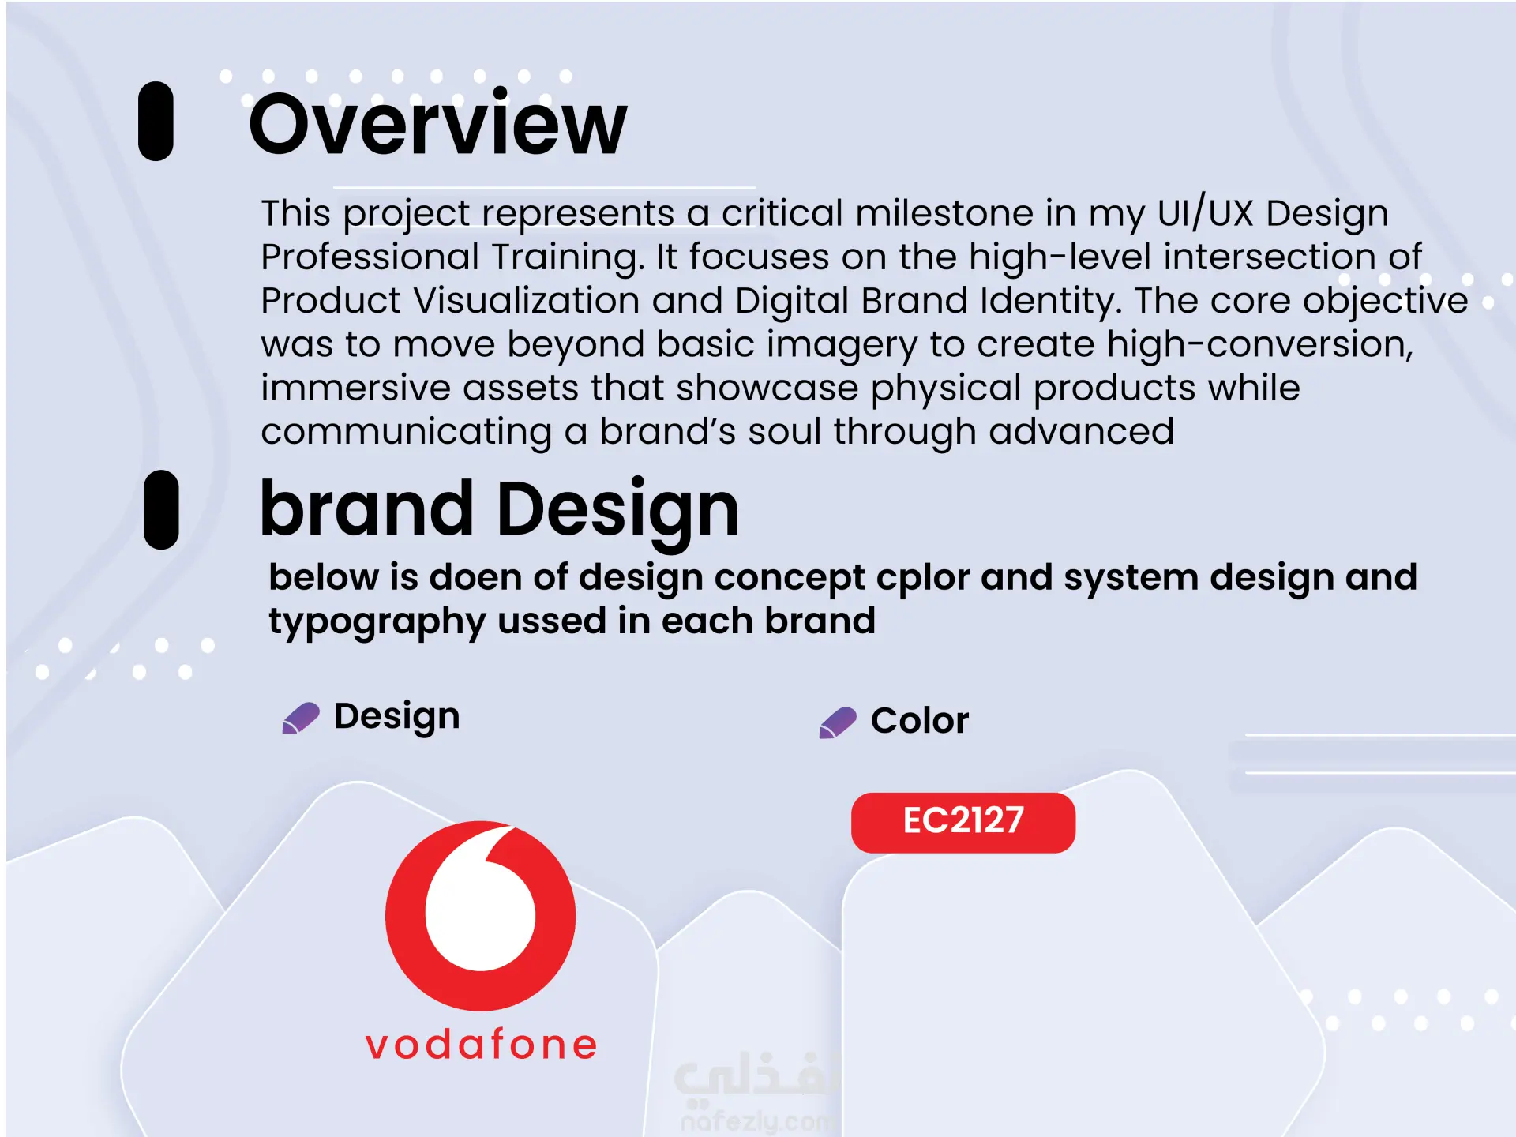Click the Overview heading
pyautogui.click(x=437, y=124)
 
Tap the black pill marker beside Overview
pyautogui.click(x=156, y=121)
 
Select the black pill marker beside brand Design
pyautogui.click(x=161, y=509)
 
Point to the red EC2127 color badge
pyautogui.click(x=963, y=822)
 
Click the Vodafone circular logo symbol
pyautogui.click(x=481, y=916)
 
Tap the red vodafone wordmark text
pyautogui.click(x=482, y=1044)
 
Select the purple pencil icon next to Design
pyautogui.click(x=301, y=718)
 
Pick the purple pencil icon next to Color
pyautogui.click(x=838, y=722)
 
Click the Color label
pyautogui.click(x=920, y=720)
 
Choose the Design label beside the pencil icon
pyautogui.click(x=397, y=717)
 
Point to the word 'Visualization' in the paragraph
pyautogui.click(x=527, y=300)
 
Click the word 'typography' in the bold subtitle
pyautogui.click(x=377, y=622)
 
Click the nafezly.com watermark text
pyautogui.click(x=756, y=1120)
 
